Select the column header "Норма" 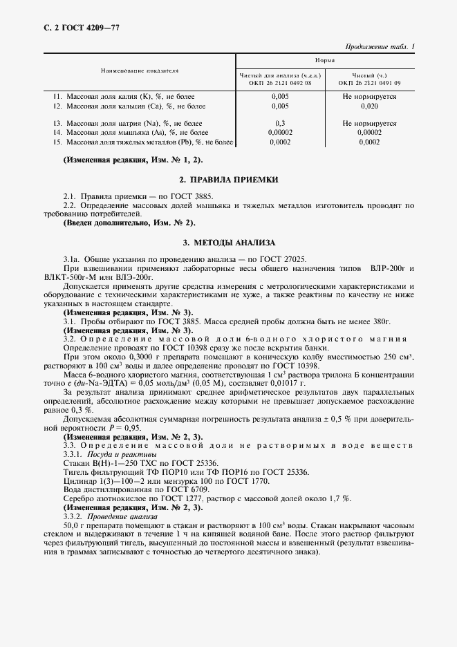pos(326,61)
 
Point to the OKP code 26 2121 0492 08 pos(280,83)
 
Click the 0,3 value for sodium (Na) pos(280,122)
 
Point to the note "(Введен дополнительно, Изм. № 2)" pos(129,223)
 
